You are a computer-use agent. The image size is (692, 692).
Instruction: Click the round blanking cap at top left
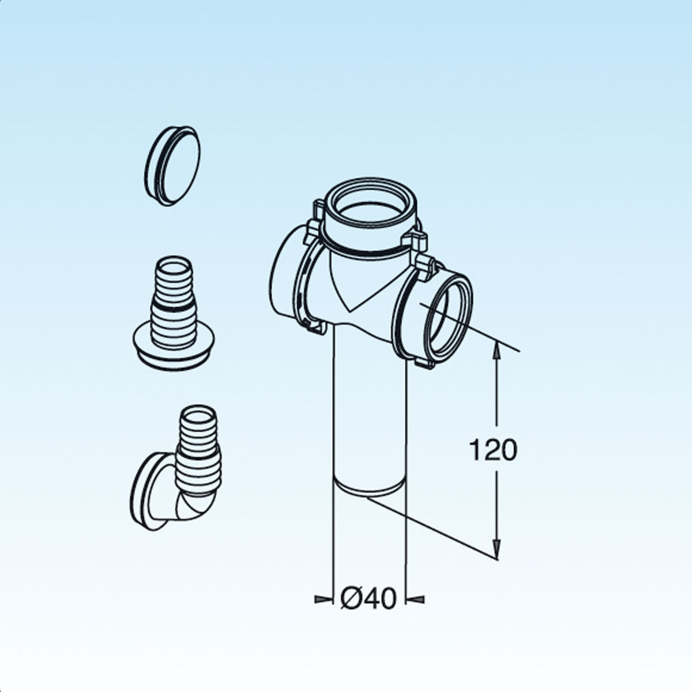coord(172,165)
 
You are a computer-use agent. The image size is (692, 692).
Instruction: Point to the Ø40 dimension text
coord(369,600)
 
